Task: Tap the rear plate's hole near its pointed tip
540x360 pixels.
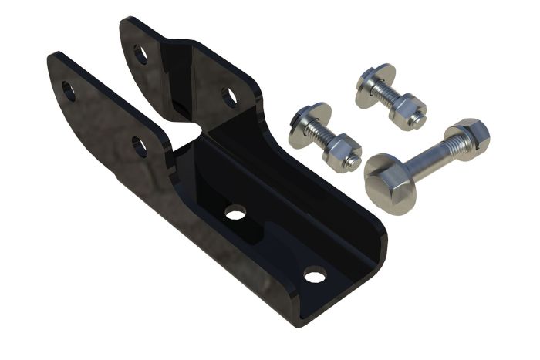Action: tap(140, 53)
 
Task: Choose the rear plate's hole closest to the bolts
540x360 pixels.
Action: tap(229, 96)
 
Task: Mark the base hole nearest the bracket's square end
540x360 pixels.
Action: tap(314, 273)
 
